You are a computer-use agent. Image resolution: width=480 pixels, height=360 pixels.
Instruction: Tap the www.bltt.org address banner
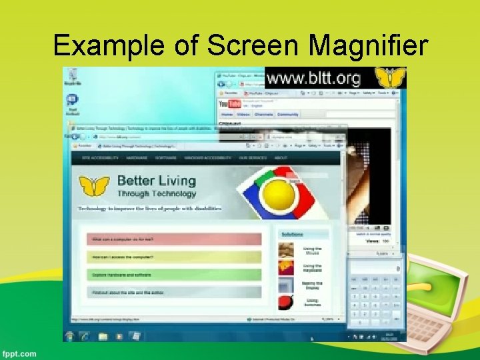pyautogui.click(x=313, y=79)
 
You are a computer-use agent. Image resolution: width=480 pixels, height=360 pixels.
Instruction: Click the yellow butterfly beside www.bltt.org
pyautogui.click(x=391, y=78)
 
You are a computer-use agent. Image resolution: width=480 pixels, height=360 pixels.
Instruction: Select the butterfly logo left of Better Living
pyautogui.click(x=94, y=186)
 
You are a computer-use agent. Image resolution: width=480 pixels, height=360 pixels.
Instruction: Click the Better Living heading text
pyautogui.click(x=157, y=181)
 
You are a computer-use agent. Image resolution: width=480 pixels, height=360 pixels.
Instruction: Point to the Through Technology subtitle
pyautogui.click(x=157, y=194)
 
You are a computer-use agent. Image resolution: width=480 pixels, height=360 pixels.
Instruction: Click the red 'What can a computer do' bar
pyautogui.click(x=174, y=239)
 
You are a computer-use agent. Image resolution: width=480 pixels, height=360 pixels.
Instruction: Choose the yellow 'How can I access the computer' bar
pyautogui.click(x=174, y=257)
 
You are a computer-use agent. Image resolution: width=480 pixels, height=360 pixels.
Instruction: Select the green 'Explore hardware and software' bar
pyautogui.click(x=174, y=275)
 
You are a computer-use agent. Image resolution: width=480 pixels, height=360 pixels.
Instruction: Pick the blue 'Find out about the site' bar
pyautogui.click(x=174, y=293)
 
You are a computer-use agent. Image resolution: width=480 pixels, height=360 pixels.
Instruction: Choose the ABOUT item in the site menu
pyautogui.click(x=281, y=158)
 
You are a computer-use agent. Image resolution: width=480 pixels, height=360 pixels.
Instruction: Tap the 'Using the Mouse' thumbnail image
pyautogui.click(x=286, y=251)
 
